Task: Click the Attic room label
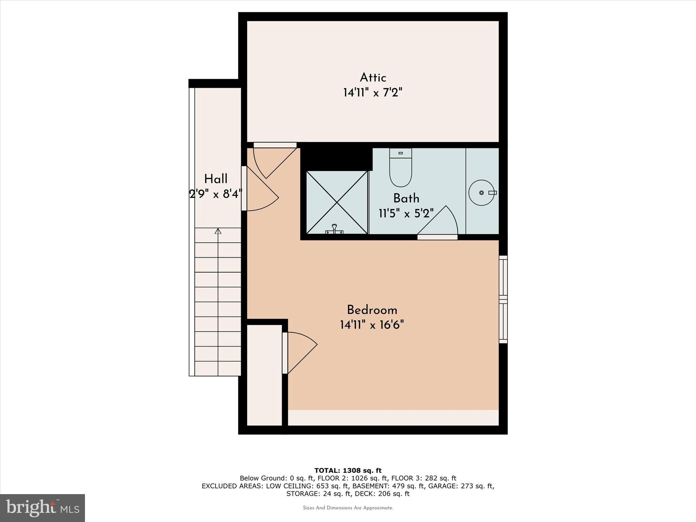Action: (x=373, y=78)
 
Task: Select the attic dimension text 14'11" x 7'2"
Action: (x=372, y=93)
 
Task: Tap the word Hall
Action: (x=216, y=179)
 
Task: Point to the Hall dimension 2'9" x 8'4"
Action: (x=215, y=194)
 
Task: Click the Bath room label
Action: (x=406, y=198)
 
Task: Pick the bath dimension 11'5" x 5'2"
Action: (x=406, y=213)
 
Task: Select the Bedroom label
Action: (x=372, y=310)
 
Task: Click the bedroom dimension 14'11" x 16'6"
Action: (x=372, y=325)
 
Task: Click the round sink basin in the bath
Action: (x=481, y=193)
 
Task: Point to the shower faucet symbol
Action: (x=334, y=229)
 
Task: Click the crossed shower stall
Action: (x=337, y=203)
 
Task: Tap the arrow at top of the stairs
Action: (x=218, y=231)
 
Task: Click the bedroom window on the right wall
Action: (x=503, y=299)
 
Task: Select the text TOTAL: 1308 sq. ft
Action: (x=348, y=470)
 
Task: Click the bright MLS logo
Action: (x=42, y=508)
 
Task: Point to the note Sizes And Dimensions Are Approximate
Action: (x=348, y=508)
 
